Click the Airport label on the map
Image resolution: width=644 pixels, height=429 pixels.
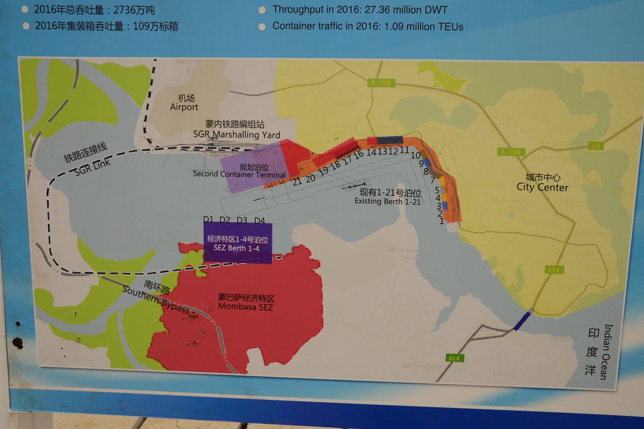184,107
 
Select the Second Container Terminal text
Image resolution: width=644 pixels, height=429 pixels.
239,175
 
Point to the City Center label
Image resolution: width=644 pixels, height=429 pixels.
542,187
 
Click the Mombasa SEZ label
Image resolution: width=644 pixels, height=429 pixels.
245,307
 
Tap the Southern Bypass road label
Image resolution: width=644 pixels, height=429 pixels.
155,300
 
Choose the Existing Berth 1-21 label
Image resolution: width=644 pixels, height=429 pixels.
387,201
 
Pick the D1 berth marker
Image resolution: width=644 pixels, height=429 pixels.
209,219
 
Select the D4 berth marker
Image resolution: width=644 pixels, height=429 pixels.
259,220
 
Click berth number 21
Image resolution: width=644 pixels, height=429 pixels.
297,181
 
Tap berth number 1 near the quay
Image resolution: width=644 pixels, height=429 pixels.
442,220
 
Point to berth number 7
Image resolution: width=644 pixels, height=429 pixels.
432,180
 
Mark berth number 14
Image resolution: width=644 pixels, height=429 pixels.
371,152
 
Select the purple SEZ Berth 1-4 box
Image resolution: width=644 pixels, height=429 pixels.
238,243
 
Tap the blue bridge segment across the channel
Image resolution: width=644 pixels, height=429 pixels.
522,321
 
